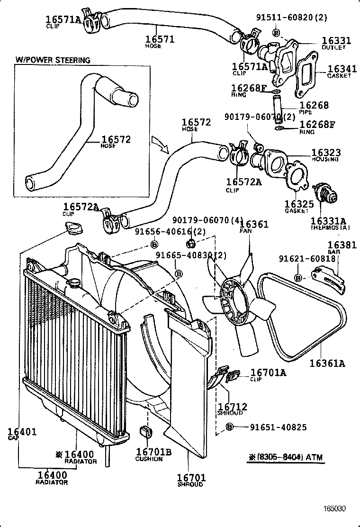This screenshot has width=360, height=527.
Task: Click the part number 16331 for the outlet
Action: [336, 41]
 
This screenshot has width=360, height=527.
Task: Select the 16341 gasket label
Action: [339, 69]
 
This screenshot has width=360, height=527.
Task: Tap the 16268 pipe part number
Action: [314, 105]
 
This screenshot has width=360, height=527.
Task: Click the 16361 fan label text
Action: [254, 224]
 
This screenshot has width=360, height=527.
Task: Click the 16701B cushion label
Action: [153, 452]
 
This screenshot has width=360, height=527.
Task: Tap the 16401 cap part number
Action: [22, 432]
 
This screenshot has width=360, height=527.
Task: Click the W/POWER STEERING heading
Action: [53, 60]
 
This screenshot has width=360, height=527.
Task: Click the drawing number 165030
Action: [335, 509]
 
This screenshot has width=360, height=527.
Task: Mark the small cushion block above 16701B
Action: [146, 432]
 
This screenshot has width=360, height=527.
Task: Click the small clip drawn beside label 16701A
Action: [233, 376]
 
